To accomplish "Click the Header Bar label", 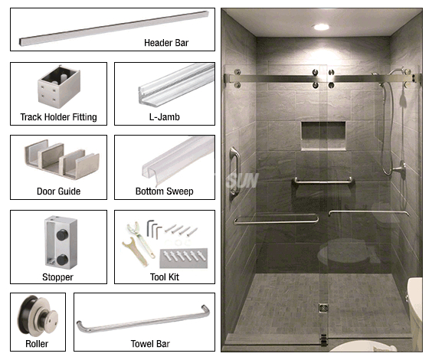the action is click(166, 43).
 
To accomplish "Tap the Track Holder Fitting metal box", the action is click(59, 87).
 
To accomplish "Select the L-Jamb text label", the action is click(165, 116).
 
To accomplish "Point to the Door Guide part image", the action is click(62, 159).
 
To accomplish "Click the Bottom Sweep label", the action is click(165, 191).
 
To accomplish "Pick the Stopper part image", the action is click(61, 242).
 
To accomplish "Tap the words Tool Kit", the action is click(165, 277).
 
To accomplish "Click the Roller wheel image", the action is click(38, 315).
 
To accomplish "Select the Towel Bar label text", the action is click(150, 344).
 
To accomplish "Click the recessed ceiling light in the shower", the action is click(321, 27).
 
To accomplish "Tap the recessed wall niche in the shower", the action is click(323, 136).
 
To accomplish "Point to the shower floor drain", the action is click(323, 308).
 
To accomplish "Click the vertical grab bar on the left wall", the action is click(234, 172).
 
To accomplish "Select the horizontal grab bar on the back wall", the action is click(323, 181).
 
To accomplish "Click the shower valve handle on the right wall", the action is click(399, 169).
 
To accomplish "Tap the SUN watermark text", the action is click(243, 180).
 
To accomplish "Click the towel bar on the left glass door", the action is click(276, 220).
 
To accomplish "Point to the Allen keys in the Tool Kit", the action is click(154, 229).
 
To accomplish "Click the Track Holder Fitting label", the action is click(58, 116).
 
